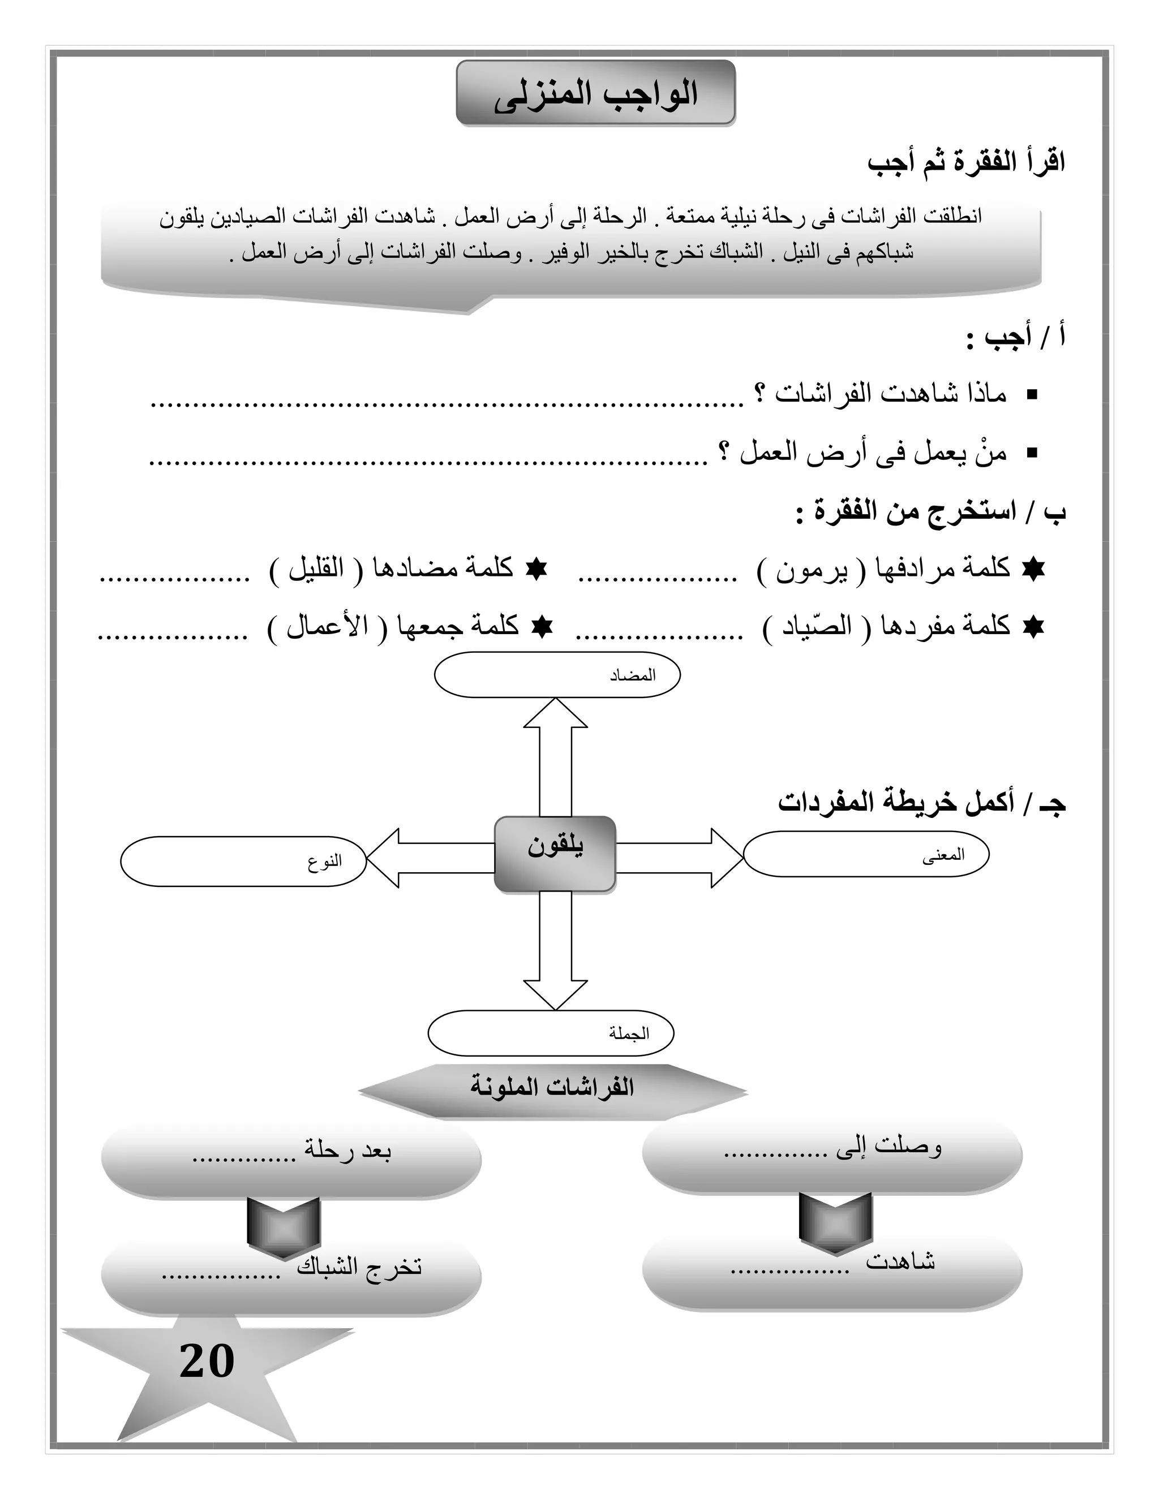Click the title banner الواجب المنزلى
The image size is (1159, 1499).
(x=595, y=93)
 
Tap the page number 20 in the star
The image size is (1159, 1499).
(x=207, y=1362)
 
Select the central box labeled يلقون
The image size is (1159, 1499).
(x=555, y=853)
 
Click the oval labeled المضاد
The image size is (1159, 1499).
(x=557, y=675)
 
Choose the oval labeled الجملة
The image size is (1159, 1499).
(x=551, y=1033)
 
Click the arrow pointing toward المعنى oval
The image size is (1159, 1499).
(x=680, y=858)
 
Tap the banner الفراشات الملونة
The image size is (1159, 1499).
(x=552, y=1087)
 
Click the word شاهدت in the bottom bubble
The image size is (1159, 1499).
(x=900, y=1260)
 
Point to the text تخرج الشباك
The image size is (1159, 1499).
(x=359, y=1267)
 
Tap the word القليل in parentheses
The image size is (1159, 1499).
(x=315, y=569)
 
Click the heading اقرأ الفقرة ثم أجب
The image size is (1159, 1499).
(x=965, y=163)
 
